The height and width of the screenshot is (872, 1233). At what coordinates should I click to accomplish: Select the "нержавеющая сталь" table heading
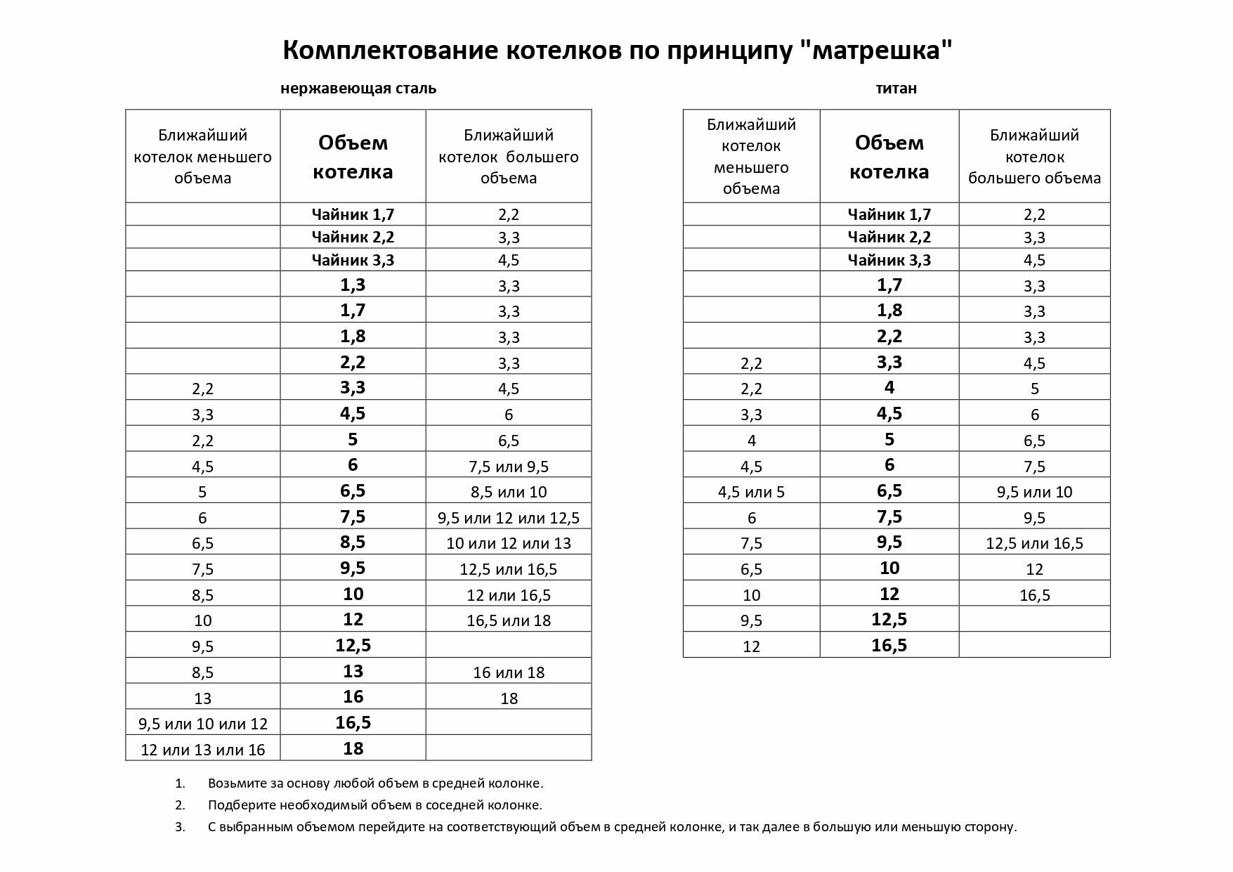(x=358, y=89)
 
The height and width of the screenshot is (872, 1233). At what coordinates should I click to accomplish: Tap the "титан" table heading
(x=896, y=89)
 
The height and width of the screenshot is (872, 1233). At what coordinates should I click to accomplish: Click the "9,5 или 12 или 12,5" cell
(x=509, y=519)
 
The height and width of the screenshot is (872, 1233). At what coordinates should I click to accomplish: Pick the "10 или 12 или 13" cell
(x=509, y=544)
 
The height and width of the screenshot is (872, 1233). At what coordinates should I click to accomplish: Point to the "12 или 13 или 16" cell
(x=203, y=750)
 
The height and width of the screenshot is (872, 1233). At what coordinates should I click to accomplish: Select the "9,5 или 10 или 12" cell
(x=203, y=724)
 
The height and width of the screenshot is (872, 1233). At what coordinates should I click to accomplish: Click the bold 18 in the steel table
(x=353, y=748)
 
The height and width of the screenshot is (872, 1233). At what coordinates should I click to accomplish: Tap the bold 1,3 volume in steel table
(x=353, y=285)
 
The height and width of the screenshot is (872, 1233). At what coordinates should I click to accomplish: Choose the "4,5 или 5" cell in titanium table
(x=751, y=492)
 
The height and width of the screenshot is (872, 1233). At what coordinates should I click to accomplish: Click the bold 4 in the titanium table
(x=889, y=388)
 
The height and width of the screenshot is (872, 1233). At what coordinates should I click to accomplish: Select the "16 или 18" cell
(x=509, y=672)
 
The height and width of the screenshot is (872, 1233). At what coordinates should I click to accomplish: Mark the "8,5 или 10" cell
(x=509, y=492)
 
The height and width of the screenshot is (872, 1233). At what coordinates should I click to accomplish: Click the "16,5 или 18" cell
(x=509, y=620)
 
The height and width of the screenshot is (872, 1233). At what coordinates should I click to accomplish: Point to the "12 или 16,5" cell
(x=509, y=595)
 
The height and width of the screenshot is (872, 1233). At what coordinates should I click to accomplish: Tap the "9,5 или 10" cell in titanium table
(x=1034, y=492)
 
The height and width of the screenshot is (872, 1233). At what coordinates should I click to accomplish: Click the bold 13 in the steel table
(x=353, y=671)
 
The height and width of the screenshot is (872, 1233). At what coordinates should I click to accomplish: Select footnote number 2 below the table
(x=181, y=805)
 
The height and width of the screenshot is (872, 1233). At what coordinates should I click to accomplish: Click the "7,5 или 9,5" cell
(x=509, y=467)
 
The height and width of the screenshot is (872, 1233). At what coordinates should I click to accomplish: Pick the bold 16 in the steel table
(x=353, y=696)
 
